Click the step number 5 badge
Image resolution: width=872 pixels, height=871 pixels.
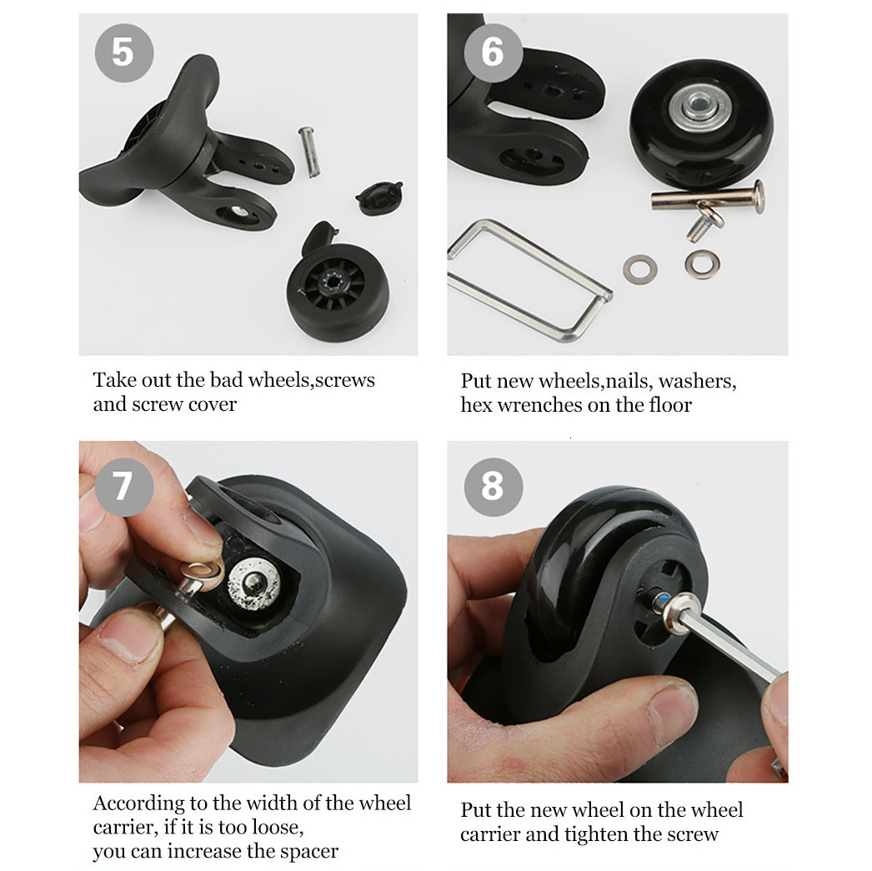click(123, 52)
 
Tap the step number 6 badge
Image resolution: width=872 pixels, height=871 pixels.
click(492, 52)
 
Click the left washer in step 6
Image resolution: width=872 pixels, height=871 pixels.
click(640, 268)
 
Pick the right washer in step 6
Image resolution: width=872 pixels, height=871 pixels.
click(702, 264)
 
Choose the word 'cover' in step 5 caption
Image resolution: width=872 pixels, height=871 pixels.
click(209, 404)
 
